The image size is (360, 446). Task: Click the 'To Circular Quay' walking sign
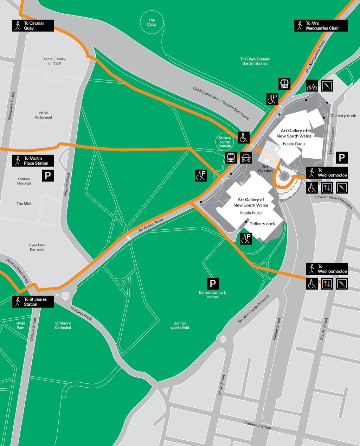click(x=33, y=26)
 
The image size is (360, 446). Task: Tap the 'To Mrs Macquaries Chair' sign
click(x=321, y=26)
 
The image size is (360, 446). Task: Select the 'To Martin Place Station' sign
click(x=33, y=161)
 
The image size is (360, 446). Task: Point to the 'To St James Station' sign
click(x=33, y=302)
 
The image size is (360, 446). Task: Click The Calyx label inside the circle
click(x=152, y=23)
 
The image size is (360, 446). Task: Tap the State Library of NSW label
click(x=54, y=61)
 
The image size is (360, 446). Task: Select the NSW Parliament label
click(x=44, y=115)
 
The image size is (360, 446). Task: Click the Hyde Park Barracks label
click(x=37, y=247)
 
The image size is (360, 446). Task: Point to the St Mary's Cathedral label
click(x=63, y=325)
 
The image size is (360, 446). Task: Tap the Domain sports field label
click(x=180, y=325)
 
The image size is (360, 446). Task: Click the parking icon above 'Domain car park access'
click(x=213, y=283)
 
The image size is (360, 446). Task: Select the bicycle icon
click(x=312, y=86)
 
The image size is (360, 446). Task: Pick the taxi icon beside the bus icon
click(x=246, y=158)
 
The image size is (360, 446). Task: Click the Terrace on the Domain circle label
click(x=225, y=142)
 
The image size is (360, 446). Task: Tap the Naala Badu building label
click(x=294, y=144)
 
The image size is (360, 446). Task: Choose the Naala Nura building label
click(x=251, y=213)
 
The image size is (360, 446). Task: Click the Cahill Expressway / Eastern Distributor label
click(x=221, y=103)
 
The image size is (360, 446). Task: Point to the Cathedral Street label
click(x=258, y=425)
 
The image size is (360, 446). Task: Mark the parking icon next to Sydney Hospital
click(x=48, y=175)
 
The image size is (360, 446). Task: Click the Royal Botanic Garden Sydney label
click(x=255, y=61)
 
